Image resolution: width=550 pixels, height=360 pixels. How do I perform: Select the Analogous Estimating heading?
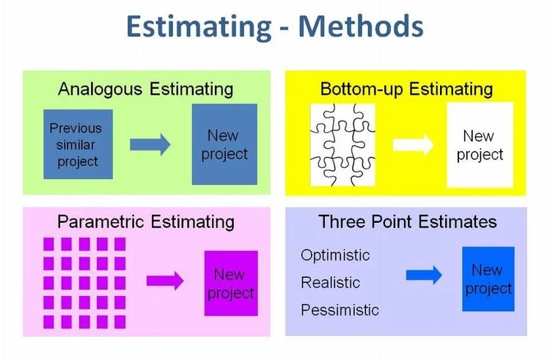click(145, 89)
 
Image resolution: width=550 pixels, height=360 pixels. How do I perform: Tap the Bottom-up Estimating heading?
click(406, 89)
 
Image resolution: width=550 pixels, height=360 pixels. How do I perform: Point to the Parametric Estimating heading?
click(145, 221)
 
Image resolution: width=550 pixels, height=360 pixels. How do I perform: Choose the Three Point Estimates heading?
click(407, 221)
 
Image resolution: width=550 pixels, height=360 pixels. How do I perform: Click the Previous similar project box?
click(78, 144)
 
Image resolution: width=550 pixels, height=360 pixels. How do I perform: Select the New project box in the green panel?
click(224, 144)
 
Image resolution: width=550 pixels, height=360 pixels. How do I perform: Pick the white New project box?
click(480, 144)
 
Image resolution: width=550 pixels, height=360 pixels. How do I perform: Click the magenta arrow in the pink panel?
click(165, 281)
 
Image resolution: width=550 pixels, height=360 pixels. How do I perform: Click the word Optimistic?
click(335, 256)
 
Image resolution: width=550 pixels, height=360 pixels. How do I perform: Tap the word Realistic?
click(330, 283)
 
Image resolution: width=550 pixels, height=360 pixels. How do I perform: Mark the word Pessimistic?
click(340, 310)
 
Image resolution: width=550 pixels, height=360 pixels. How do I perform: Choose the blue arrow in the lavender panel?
click(424, 275)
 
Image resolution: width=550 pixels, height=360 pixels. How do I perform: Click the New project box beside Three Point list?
click(488, 279)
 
